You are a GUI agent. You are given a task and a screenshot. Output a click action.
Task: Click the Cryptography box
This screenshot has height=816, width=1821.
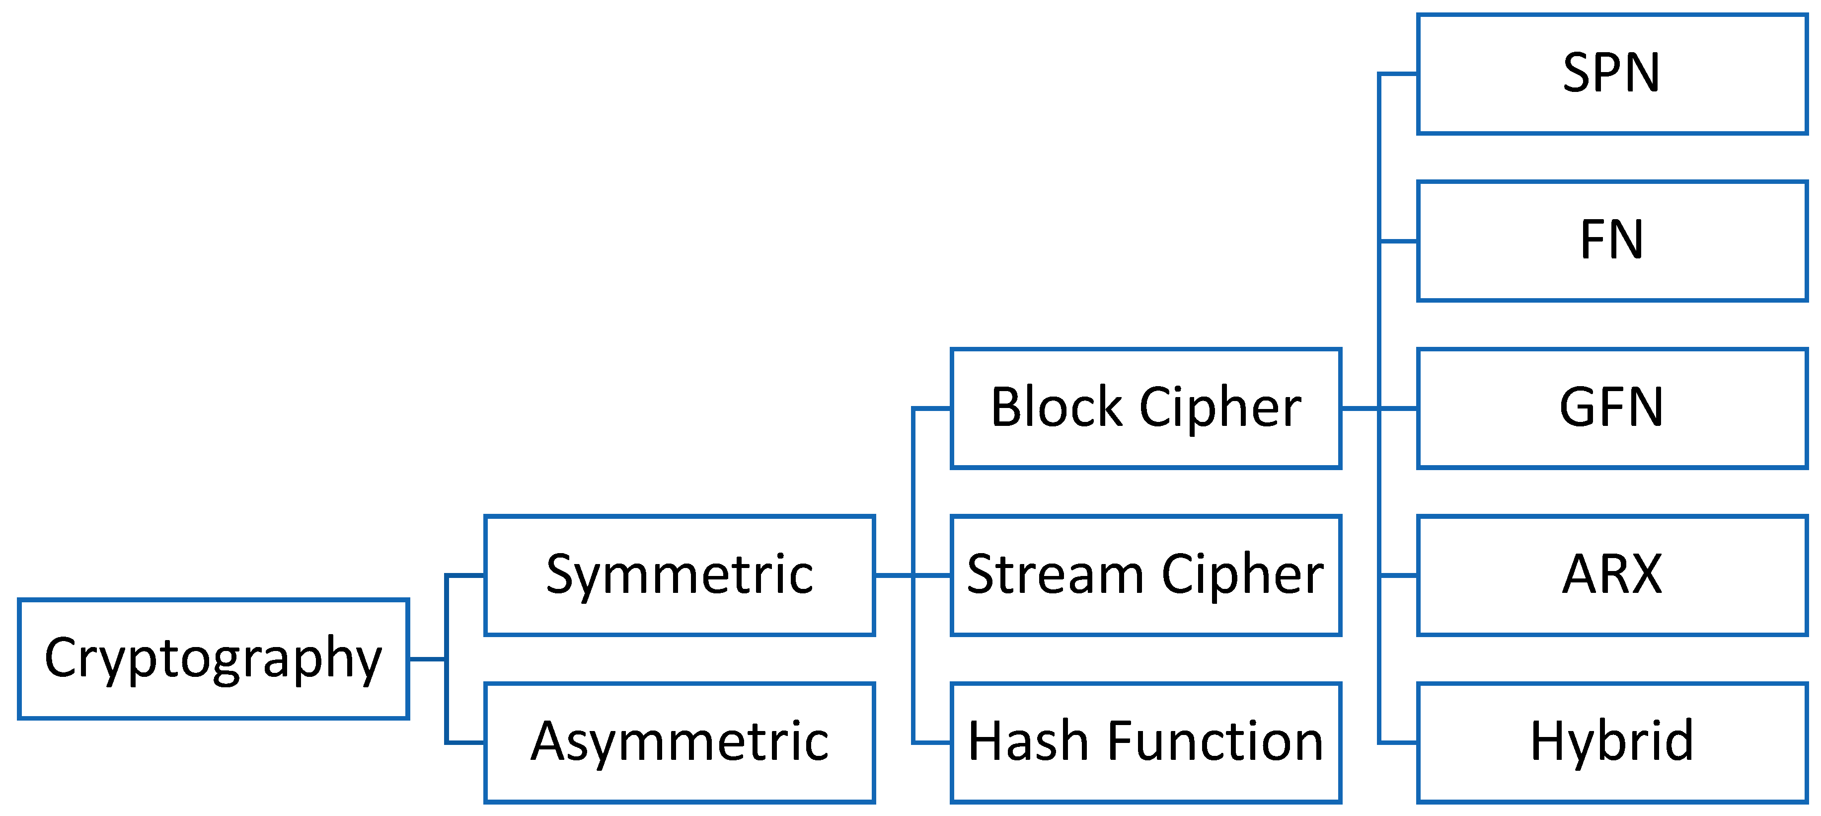click(x=213, y=659)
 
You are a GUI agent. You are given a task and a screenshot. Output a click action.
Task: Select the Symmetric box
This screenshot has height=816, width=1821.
click(x=680, y=575)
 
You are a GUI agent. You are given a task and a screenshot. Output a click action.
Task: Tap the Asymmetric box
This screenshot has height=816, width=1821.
click(x=680, y=742)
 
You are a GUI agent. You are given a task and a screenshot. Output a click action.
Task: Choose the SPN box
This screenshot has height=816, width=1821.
click(x=1612, y=74)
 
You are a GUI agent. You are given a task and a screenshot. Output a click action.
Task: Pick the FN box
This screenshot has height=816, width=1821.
click(x=1612, y=241)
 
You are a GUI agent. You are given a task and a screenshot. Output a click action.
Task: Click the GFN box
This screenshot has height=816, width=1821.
click(x=1612, y=408)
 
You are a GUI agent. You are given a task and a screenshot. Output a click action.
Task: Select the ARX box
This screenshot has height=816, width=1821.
click(x=1612, y=575)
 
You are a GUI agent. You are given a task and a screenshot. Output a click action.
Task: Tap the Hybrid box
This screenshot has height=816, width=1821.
click(x=1612, y=742)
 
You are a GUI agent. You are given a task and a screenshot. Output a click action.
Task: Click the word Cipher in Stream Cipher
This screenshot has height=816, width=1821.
click(x=1242, y=575)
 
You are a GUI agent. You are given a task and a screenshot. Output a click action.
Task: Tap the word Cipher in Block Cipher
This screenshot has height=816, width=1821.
click(x=1220, y=408)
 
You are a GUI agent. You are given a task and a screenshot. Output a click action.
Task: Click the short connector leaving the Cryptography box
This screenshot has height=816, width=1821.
click(x=427, y=659)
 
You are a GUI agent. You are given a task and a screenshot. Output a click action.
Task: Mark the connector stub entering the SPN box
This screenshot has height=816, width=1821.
click(x=1398, y=74)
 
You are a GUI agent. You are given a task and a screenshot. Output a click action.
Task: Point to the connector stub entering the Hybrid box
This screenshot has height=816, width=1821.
click(x=1398, y=742)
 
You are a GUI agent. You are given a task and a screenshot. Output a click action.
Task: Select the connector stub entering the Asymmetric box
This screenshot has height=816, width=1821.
click(x=465, y=742)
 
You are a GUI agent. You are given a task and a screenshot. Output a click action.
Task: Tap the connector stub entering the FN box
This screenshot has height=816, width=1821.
click(x=1398, y=241)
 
